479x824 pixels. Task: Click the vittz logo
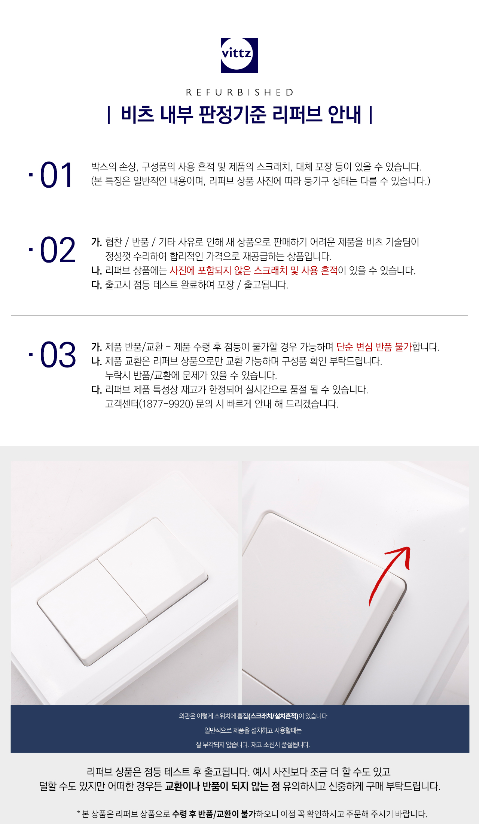click(239, 55)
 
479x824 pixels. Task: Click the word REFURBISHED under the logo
click(239, 92)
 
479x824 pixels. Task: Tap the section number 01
click(56, 175)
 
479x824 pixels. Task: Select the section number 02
click(58, 250)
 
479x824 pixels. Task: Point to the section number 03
click(58, 355)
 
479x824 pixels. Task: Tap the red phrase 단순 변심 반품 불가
click(374, 347)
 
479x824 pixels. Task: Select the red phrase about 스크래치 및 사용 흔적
click(254, 270)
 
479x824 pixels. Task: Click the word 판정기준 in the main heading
click(232, 115)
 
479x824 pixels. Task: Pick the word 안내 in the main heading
click(344, 115)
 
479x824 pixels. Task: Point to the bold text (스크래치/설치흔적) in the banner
click(274, 716)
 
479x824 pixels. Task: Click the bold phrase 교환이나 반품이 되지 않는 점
click(223, 786)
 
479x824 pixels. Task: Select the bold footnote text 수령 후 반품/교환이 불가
click(214, 814)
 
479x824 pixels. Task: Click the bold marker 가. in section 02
click(97, 242)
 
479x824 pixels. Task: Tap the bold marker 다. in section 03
click(97, 390)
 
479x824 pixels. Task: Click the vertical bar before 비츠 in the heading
click(109, 115)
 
